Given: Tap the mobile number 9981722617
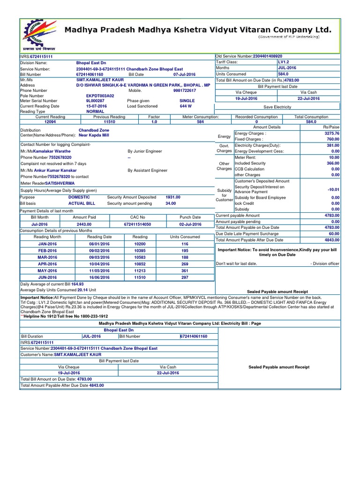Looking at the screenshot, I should (184, 90).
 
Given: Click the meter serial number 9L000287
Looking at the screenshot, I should (95, 101).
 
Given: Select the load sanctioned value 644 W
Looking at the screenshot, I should (186, 106).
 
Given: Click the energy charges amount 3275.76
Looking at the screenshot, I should (332, 134).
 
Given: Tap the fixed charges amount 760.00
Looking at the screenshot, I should (333, 139).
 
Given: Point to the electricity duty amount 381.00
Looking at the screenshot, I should (333, 145).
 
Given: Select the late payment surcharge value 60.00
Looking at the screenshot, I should (334, 233).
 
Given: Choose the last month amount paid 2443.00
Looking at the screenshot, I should (84, 225).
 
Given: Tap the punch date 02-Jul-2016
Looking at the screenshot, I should (190, 225).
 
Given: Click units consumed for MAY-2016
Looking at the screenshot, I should (185, 270).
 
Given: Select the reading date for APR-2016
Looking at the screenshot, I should (99, 264).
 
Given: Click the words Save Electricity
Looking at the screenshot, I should (277, 107).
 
